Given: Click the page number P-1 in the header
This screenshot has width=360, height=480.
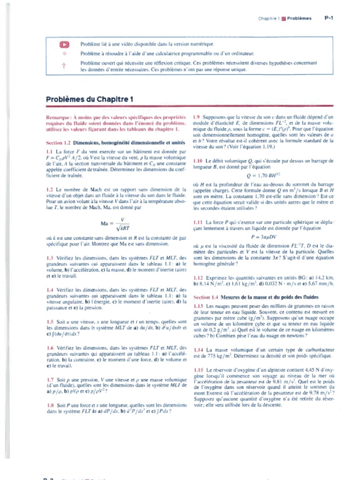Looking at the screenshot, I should pos(329,18).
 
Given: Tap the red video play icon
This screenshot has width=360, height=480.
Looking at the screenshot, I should pos(64,45).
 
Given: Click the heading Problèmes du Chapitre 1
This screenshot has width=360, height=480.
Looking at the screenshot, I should pos(90,99).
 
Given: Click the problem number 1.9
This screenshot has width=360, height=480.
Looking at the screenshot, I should pos(197,117).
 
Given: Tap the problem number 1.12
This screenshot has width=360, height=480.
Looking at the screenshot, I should pos(198,278).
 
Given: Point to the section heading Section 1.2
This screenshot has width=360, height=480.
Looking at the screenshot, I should pos(58,142).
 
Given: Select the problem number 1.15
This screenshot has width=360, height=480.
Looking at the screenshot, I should pos(198,370).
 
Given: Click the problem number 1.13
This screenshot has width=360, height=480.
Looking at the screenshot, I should pos(198,306).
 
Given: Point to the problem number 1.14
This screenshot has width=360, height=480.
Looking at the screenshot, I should pos(198,350).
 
